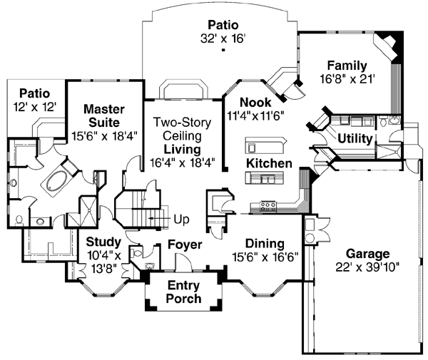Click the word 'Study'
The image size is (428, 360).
102,241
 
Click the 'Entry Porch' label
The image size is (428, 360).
183,292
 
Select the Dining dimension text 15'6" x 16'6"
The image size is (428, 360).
265,255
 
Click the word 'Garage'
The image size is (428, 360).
367,253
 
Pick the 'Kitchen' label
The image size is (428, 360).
269,163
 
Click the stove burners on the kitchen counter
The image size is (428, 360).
268,207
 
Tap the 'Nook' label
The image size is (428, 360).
255,102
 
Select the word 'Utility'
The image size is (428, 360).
355,138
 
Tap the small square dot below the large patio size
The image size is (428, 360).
223,51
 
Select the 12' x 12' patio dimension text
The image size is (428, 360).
34,106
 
